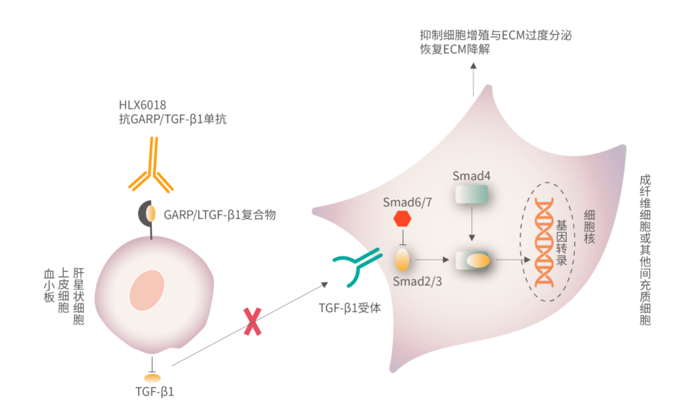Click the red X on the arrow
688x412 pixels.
[253, 322]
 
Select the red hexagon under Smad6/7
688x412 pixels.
[402, 219]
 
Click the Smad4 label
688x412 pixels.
[471, 176]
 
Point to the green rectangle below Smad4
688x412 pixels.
[471, 194]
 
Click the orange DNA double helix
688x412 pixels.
[544, 242]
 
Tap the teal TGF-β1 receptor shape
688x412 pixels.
[357, 265]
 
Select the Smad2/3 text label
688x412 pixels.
[417, 281]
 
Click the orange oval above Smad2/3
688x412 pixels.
[402, 259]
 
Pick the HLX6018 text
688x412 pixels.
[142, 105]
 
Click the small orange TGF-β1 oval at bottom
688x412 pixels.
[152, 378]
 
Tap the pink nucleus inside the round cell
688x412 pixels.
[147, 290]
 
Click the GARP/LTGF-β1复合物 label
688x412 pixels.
[220, 215]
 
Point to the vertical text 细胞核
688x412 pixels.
[589, 227]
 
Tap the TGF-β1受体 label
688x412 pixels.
[350, 308]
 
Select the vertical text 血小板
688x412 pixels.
[49, 286]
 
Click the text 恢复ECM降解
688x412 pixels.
[455, 49]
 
